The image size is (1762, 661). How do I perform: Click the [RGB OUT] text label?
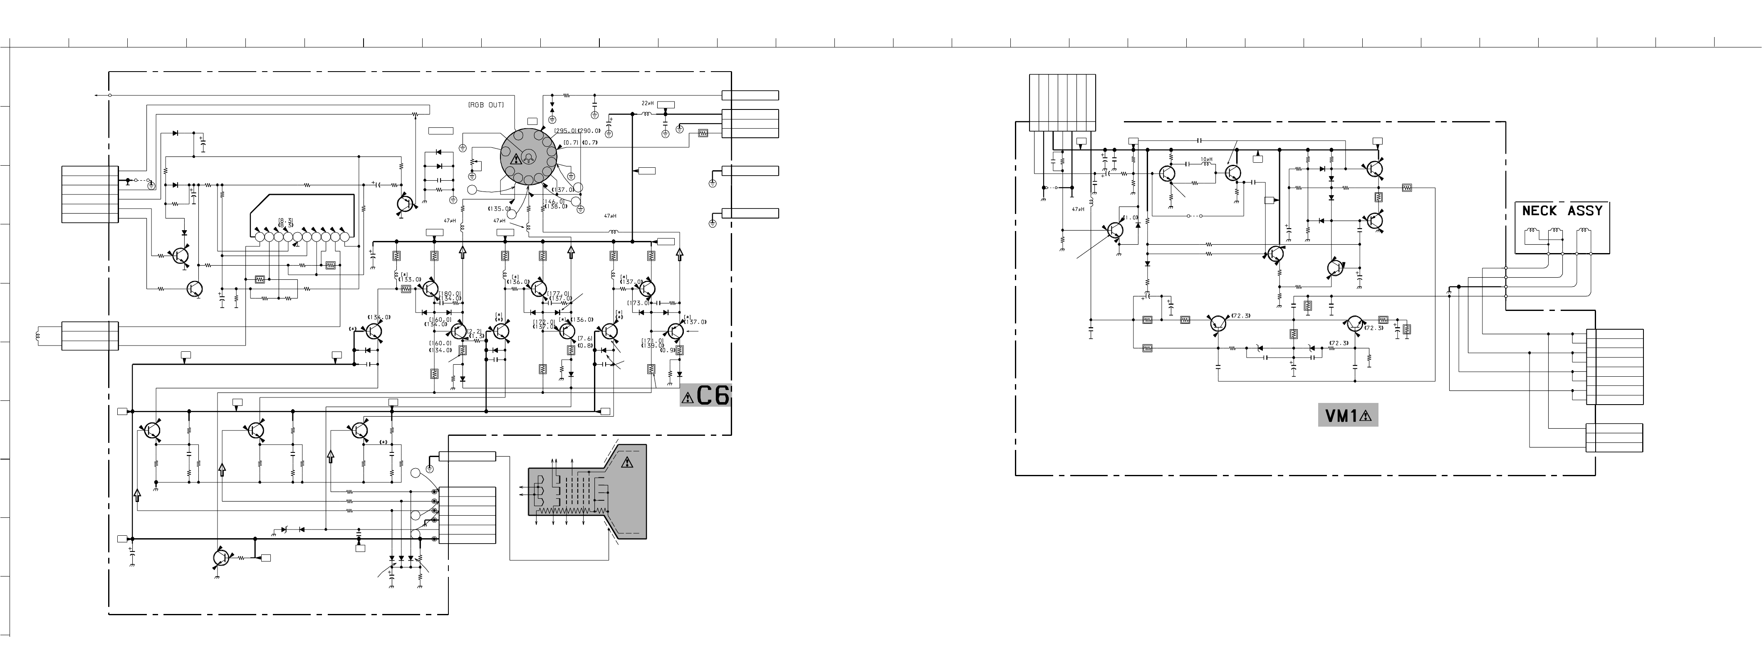[486, 105]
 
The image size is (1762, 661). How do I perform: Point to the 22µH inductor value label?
[647, 103]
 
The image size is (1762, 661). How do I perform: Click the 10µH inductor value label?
[1207, 160]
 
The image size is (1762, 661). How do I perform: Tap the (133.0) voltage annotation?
[411, 280]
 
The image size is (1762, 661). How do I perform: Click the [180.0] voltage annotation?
[450, 293]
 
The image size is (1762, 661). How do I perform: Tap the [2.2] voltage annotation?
[475, 331]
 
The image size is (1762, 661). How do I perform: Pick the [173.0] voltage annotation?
[638, 303]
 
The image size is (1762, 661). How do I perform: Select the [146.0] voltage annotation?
[554, 201]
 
